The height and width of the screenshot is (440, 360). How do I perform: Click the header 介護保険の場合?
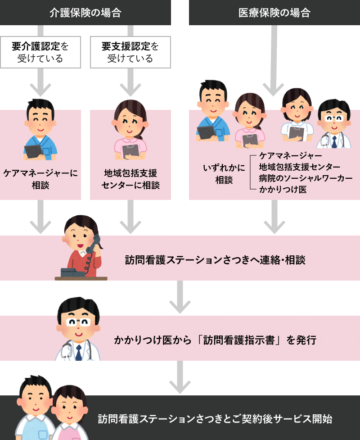pyautogui.click(x=85, y=13)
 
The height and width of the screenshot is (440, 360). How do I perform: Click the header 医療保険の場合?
pyautogui.click(x=274, y=13)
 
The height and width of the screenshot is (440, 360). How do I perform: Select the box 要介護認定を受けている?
pyautogui.click(x=40, y=52)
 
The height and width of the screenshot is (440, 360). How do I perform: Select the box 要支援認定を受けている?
pyautogui.click(x=130, y=52)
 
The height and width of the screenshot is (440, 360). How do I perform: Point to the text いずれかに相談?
pyautogui.click(x=224, y=174)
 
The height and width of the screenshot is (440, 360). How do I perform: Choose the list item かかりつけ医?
pyautogui.click(x=283, y=190)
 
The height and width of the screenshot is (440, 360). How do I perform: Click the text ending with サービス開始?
pyautogui.click(x=215, y=419)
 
